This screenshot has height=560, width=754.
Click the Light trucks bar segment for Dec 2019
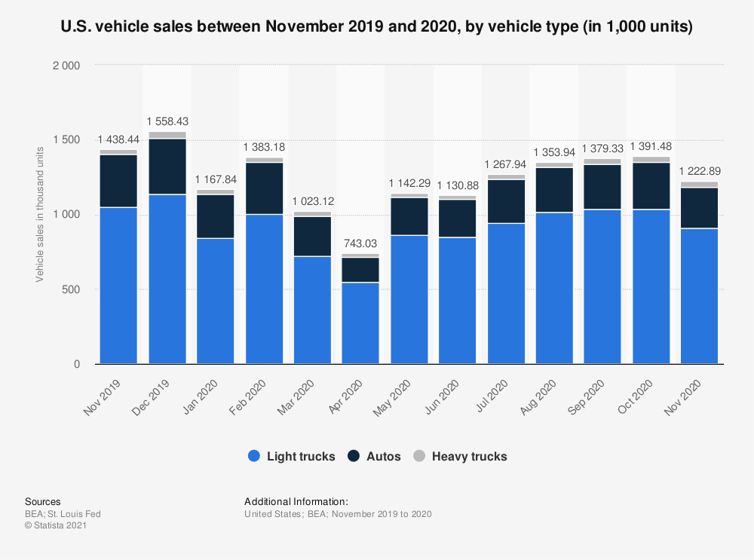tap(167, 280)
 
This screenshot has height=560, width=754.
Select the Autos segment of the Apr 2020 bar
tap(360, 270)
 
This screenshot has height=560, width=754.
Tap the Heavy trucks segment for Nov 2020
tap(699, 185)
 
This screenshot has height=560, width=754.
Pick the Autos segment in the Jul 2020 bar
tap(506, 201)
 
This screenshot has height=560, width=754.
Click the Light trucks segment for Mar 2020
tap(312, 311)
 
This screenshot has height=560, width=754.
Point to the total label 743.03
tap(360, 244)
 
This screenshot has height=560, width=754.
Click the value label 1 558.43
tap(167, 121)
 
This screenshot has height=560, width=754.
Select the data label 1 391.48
tap(651, 146)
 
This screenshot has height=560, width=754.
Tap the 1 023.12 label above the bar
tap(312, 201)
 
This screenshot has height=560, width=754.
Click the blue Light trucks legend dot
tap(253, 456)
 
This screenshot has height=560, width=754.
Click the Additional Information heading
tap(296, 501)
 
